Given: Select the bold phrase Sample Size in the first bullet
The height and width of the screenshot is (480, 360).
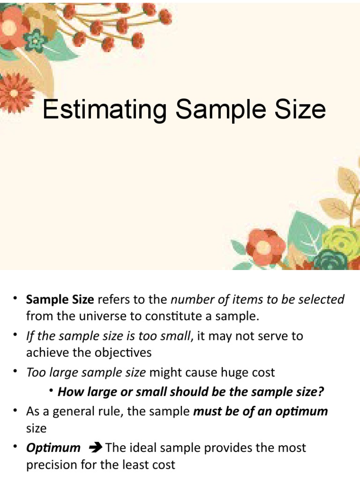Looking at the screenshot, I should (60, 300).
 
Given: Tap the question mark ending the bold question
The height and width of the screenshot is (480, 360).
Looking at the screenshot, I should (322, 391).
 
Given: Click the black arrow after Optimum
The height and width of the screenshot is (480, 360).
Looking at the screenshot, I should (95, 448).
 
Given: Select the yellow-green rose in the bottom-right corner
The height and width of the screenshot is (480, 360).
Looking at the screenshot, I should (341, 241).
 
